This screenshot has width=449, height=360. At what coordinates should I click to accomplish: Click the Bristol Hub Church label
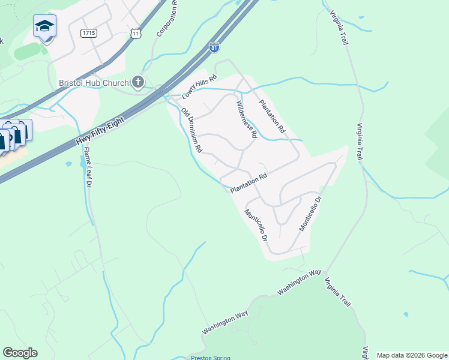(93, 82)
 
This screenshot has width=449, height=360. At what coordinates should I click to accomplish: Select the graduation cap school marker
(44, 26)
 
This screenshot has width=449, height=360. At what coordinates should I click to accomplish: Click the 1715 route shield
(89, 33)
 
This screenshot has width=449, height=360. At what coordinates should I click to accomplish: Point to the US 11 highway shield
(137, 34)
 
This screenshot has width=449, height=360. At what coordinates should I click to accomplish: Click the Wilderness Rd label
(246, 119)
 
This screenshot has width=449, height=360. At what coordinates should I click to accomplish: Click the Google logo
(20, 353)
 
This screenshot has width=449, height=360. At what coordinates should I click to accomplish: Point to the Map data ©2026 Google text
(412, 355)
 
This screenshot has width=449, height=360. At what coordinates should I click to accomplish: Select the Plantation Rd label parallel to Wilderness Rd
(272, 116)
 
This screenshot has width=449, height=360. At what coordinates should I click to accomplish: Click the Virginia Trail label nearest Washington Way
(336, 291)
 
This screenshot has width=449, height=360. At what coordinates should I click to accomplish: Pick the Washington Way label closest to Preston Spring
(226, 323)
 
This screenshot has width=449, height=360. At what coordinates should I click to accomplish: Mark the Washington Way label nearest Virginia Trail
(300, 283)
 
